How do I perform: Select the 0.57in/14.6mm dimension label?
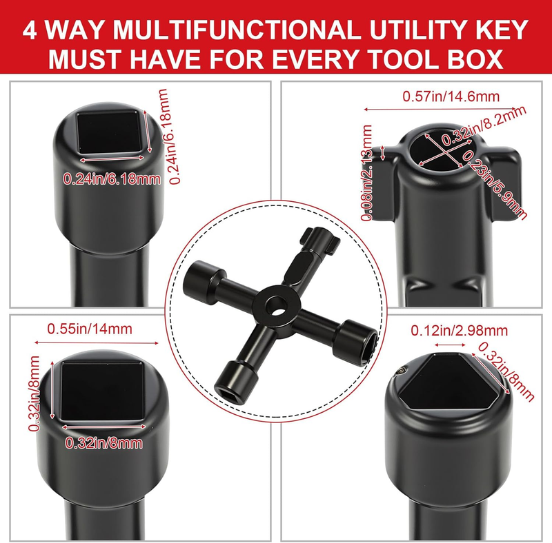pyautogui.click(x=451, y=96)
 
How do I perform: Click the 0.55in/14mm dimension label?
pyautogui.click(x=90, y=329)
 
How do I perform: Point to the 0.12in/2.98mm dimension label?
pyautogui.click(x=460, y=331)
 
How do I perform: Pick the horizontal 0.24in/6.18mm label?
pyautogui.click(x=112, y=179)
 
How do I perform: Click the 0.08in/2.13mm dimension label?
pyautogui.click(x=366, y=172)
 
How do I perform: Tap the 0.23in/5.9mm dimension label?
pyautogui.click(x=495, y=184)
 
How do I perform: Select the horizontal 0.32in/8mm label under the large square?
pyautogui.click(x=104, y=443)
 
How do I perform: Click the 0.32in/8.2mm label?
pyautogui.click(x=484, y=125)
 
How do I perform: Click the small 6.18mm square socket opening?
pyautogui.click(x=112, y=132)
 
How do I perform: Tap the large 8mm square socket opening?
pyautogui.click(x=102, y=391)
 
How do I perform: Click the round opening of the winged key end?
pyautogui.click(x=442, y=147)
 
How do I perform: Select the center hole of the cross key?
pyautogui.click(x=275, y=304)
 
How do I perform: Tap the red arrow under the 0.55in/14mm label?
pyautogui.click(x=97, y=342)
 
